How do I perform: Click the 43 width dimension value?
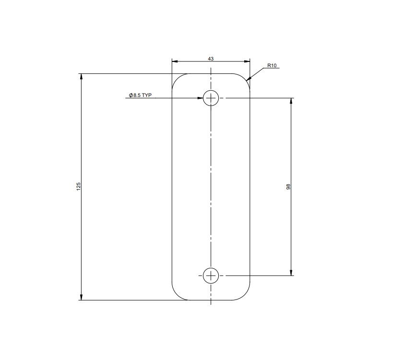pos(211,58)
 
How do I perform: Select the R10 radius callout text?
pos(272,66)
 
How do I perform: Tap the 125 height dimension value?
pos(79,186)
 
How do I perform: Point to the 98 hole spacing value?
pos(288,187)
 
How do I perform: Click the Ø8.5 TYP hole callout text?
pos(140,96)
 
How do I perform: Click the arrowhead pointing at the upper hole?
pos(200,98)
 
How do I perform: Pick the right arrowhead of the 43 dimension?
pos(247,61)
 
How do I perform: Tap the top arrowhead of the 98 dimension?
pos(291,101)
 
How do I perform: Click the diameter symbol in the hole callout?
pos(130,96)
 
